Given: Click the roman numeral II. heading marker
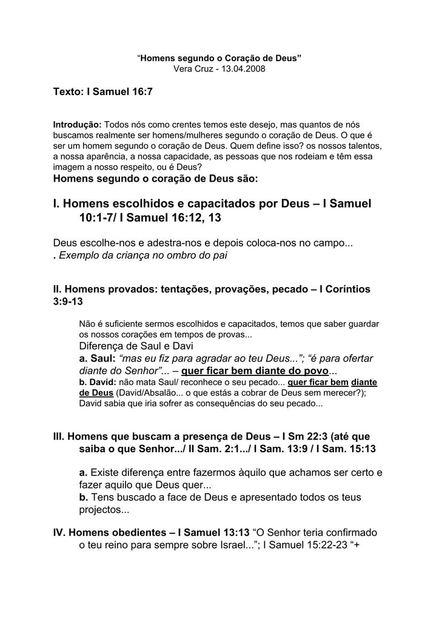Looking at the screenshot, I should tap(58, 289).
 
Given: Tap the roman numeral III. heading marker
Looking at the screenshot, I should tap(59, 436).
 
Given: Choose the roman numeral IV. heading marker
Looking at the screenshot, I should tap(59, 532).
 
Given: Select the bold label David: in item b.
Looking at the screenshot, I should tap(102, 382).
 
